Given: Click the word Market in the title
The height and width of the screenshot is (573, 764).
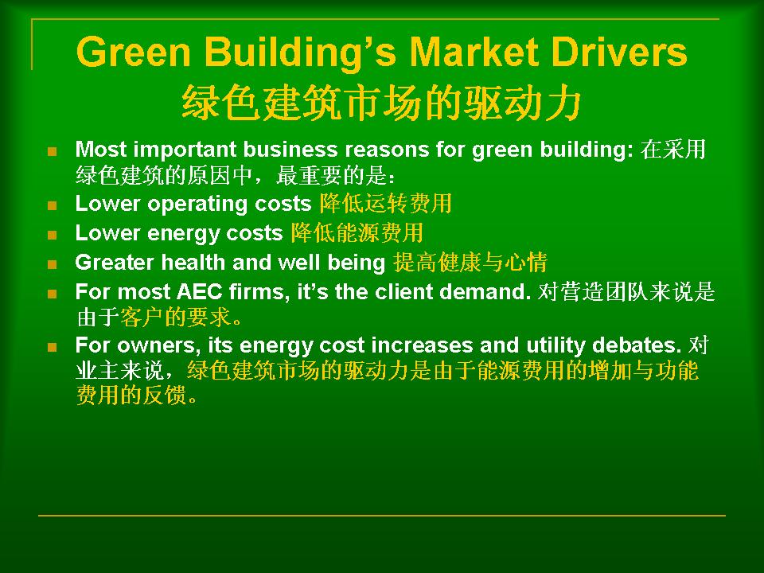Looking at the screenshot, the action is click(474, 53).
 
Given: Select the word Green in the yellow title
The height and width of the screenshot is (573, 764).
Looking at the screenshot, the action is click(134, 53).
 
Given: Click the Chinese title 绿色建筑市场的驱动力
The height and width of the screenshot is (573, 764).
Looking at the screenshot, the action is click(381, 103).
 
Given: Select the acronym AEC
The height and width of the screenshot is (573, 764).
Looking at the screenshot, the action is click(199, 292).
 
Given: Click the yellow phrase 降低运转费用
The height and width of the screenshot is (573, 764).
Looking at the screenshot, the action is click(385, 204).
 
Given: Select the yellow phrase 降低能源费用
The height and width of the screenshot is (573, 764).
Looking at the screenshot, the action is click(357, 233).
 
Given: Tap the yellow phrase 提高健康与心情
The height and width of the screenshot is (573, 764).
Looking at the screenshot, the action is click(470, 262).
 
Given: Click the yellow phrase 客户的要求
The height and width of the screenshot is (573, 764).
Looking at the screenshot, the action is click(175, 318).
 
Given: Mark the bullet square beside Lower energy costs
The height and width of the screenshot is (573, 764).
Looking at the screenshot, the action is click(53, 235).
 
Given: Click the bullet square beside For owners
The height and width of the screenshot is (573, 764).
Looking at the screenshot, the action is click(53, 347).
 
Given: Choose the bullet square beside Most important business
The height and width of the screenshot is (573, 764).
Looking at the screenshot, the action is click(53, 151).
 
